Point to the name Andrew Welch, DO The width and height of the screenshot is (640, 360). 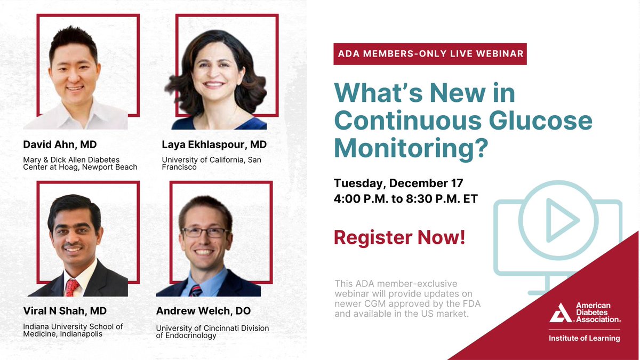coord(203,311)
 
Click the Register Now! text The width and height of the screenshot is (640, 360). coord(399,237)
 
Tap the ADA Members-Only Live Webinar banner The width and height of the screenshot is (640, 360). coord(430,54)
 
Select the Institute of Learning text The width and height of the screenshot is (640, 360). coord(585,338)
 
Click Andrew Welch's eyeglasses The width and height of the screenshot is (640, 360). coord(205,233)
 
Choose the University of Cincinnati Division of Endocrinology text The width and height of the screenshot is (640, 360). coord(212,332)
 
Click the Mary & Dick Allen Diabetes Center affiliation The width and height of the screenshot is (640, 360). coord(80,163)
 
